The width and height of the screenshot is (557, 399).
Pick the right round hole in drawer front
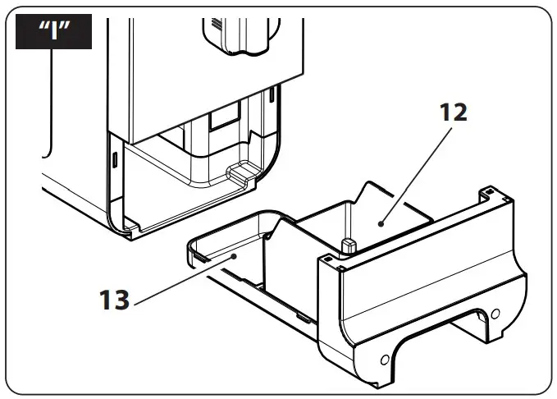(x=494, y=313)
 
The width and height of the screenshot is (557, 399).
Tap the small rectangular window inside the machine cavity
(x=222, y=121)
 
